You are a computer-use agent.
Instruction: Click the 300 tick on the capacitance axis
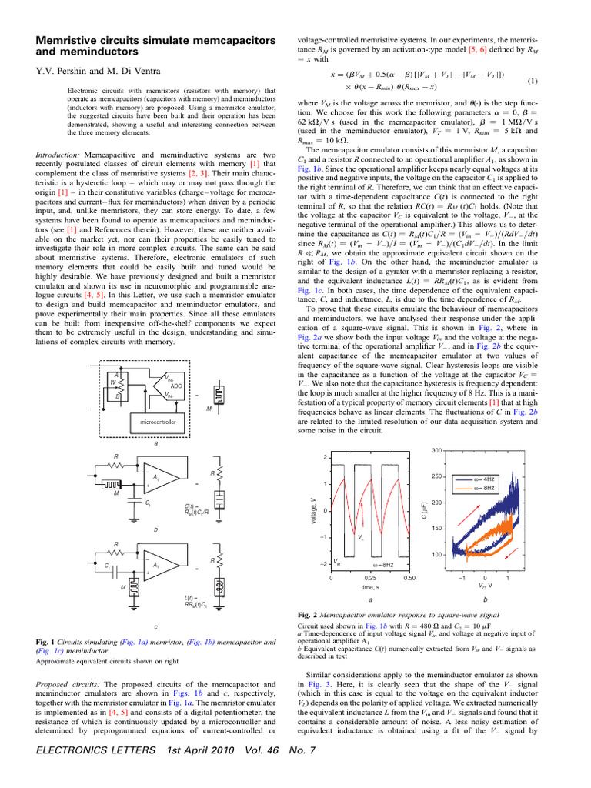(436, 450)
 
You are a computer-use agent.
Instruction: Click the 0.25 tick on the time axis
(370, 577)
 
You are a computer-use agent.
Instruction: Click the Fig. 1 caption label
(47, 642)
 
